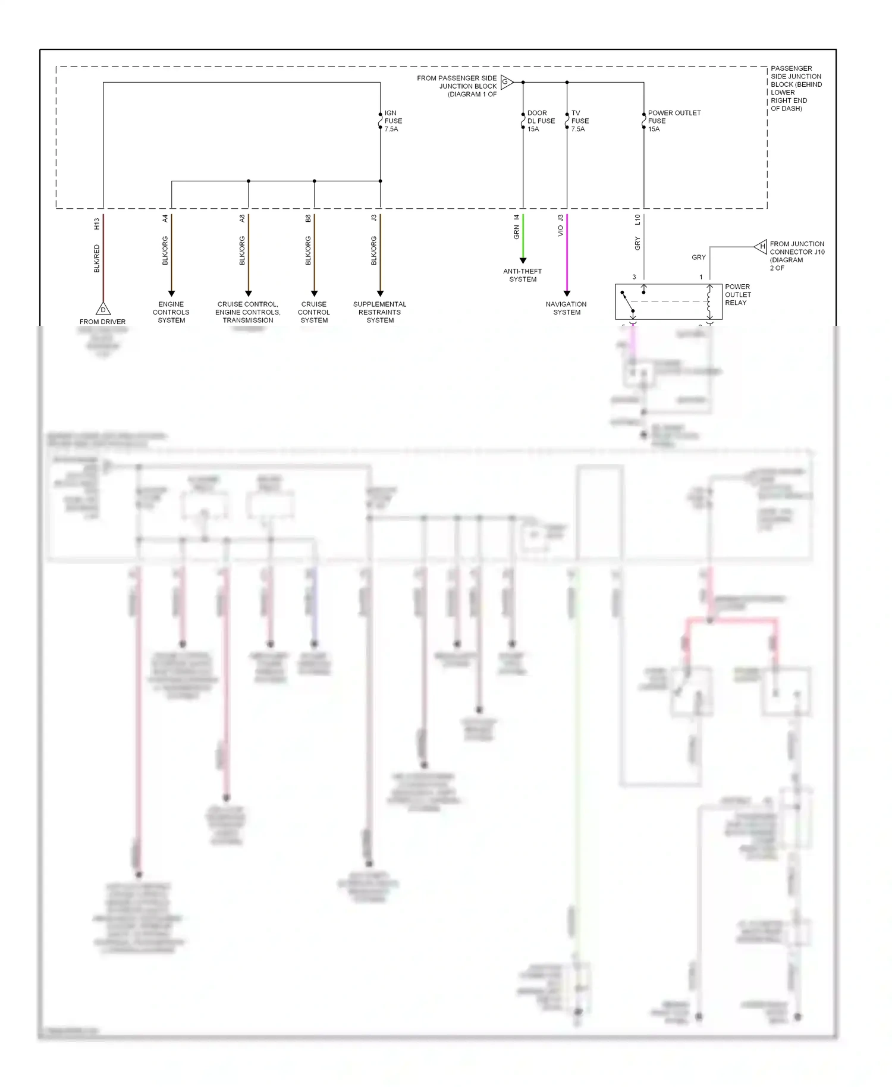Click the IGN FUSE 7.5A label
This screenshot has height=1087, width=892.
(392, 121)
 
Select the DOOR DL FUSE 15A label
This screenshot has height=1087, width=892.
(541, 121)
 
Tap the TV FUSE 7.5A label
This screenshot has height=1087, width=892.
(579, 121)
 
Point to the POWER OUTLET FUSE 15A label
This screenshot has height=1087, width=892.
(674, 121)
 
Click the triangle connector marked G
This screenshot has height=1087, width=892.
(506, 82)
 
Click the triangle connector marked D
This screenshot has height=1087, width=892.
(103, 309)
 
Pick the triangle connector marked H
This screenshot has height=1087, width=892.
(761, 246)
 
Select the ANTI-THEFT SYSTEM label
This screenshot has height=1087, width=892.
(523, 275)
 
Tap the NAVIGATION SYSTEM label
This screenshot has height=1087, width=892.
(566, 308)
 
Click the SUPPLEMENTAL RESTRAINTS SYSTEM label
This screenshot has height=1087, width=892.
(380, 312)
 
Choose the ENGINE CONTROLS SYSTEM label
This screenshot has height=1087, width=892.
(171, 312)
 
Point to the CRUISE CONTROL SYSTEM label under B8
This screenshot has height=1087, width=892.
(314, 312)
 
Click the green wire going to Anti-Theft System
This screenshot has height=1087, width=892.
(523, 238)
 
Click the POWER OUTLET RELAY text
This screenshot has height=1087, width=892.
(737, 294)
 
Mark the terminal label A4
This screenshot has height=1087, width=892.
(165, 219)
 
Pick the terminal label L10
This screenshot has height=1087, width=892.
(637, 219)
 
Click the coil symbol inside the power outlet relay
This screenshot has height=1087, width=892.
(709, 301)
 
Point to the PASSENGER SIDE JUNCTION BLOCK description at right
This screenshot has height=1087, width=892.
(796, 89)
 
